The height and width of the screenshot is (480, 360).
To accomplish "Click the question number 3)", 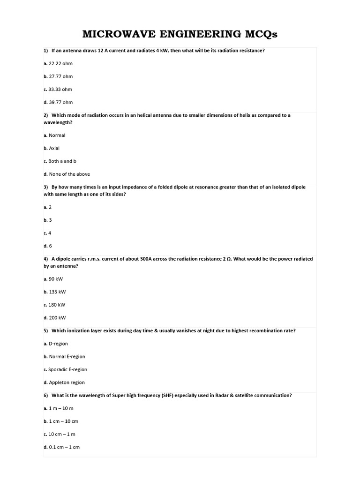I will (x=46, y=187).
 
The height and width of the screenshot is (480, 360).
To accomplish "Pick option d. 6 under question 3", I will (x=47, y=246).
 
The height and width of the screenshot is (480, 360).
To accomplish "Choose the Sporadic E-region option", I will (x=67, y=369).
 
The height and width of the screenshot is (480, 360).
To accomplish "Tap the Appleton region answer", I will (x=67, y=382).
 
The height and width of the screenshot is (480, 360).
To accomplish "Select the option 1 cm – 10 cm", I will (x=63, y=421).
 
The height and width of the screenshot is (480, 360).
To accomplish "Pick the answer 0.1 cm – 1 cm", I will (x=64, y=447).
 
